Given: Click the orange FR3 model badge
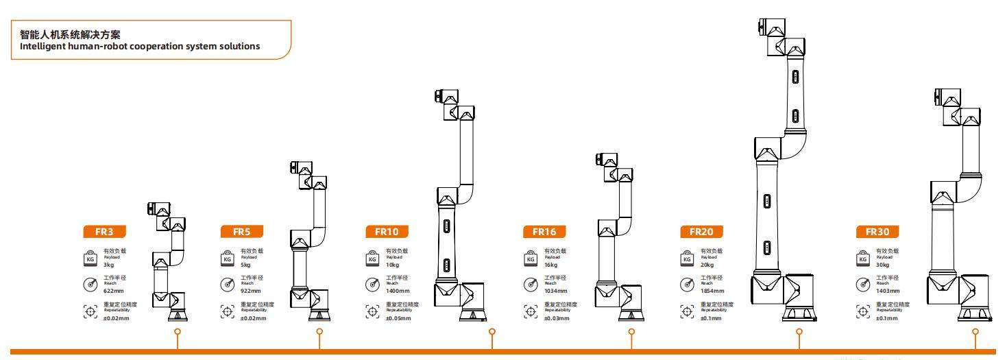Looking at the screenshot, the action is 97,231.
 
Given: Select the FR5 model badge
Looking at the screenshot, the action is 241,231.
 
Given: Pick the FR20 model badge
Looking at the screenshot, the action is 701,231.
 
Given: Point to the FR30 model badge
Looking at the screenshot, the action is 877,231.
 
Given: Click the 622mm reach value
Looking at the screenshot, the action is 113,290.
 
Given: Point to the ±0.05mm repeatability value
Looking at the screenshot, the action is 398,317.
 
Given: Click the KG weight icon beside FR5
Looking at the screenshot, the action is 228,259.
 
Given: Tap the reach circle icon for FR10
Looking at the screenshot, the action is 373,284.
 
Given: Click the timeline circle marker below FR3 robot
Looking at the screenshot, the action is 178,332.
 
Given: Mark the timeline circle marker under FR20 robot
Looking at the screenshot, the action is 799,332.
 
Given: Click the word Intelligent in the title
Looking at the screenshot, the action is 58,47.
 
